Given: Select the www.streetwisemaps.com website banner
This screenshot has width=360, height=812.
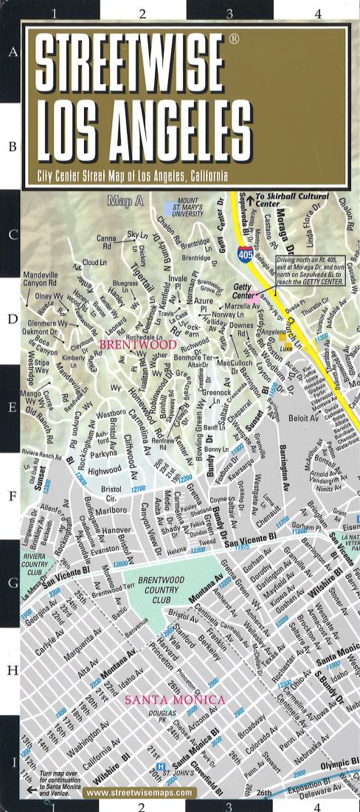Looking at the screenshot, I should tap(140, 793).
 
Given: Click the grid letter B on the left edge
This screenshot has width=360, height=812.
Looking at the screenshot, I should tap(12, 147).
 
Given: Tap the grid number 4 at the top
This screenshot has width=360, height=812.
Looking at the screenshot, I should tap(317, 13).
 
